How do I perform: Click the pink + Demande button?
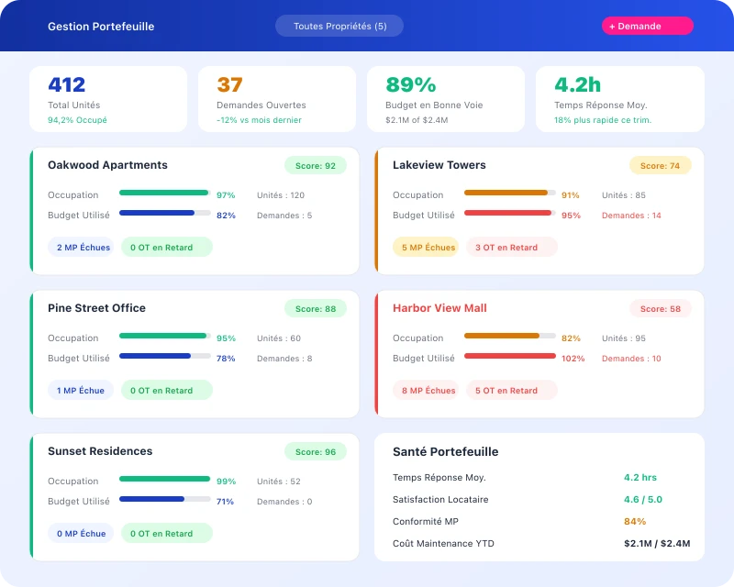coord(647,26)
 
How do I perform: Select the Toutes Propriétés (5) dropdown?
coord(339,26)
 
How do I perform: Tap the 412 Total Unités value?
coord(67,85)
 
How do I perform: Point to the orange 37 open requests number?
coord(229,85)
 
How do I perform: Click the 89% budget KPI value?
coord(410,85)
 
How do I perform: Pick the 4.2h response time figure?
coord(577,85)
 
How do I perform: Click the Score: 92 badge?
coord(315,166)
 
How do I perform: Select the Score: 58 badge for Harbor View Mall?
coord(660,309)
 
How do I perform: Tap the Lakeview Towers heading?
coord(439,165)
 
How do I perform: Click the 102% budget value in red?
coord(573,359)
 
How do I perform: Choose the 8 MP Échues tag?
coord(428,391)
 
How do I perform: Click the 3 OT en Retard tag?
coord(512,248)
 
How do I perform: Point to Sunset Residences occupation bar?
coord(165,479)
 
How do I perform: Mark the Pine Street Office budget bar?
coord(165,356)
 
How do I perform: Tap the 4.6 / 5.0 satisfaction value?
coord(642,500)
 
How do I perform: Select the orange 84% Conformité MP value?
coord(635,522)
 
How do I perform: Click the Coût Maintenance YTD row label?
coord(443,544)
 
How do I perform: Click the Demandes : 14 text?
coord(631,216)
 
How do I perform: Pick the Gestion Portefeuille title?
coord(101,27)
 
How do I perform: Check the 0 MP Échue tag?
coord(81,534)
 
